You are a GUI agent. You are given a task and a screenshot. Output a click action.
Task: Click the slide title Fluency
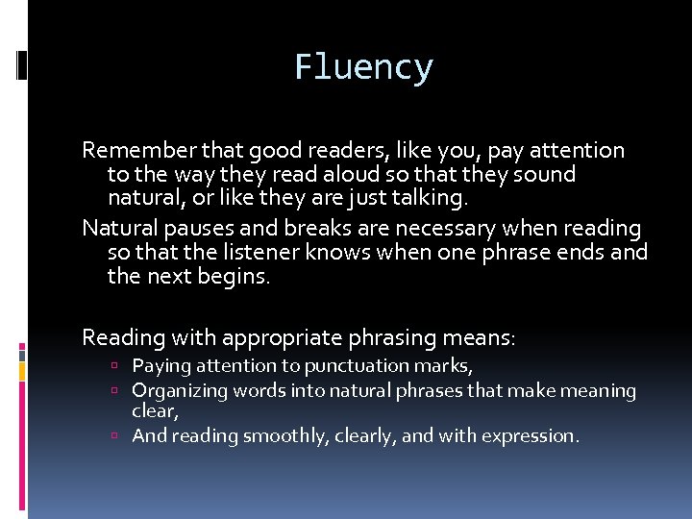click(363, 67)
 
